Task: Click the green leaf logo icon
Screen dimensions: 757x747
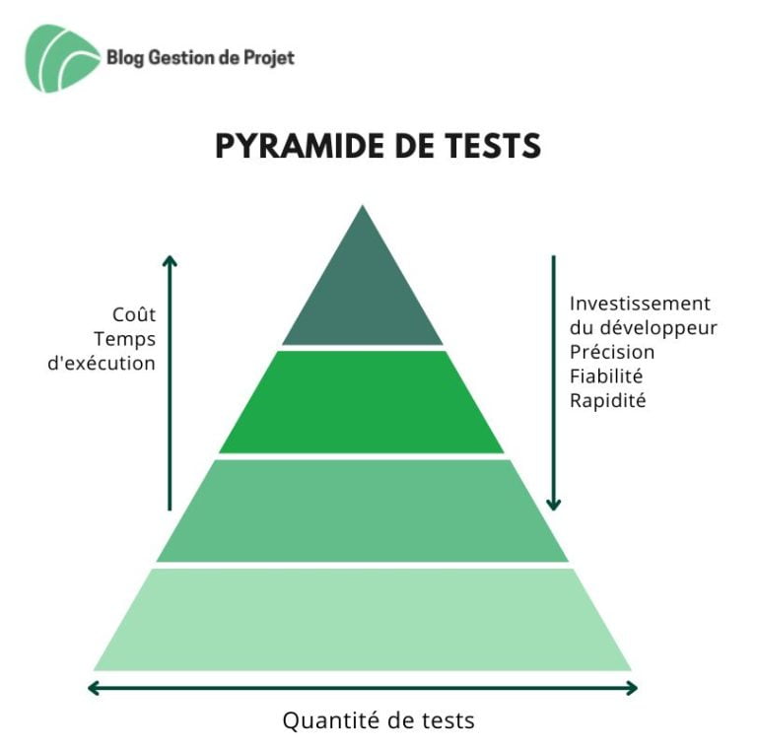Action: coord(62,58)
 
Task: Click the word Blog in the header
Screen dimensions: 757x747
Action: coord(125,58)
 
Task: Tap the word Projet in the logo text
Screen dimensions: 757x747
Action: coord(269,58)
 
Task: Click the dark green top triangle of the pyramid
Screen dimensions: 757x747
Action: coord(363,290)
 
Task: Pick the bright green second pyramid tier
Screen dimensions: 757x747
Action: coord(362,402)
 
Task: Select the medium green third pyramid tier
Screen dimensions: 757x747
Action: coord(362,510)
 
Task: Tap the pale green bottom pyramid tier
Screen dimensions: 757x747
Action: coord(362,620)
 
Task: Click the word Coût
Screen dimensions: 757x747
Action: coord(134,314)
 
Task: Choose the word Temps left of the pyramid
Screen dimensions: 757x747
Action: coord(124,340)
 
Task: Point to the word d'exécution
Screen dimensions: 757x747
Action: coord(102,363)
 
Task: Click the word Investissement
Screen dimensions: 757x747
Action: coord(640,304)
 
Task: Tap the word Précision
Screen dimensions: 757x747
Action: coord(612,352)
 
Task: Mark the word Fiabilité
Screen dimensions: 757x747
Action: coord(606,375)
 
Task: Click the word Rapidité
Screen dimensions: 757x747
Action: coord(608,400)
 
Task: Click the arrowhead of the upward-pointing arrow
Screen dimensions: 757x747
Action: coord(170,260)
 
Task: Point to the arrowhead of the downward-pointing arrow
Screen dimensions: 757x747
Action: coord(553,505)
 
